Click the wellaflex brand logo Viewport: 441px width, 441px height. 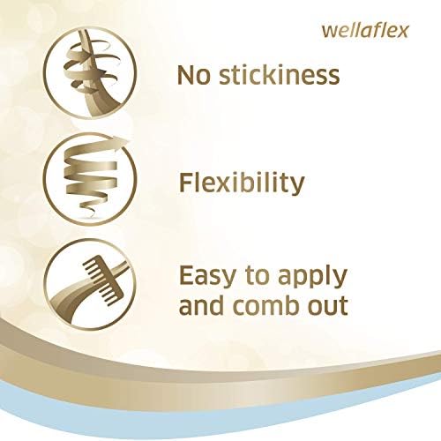pos(365,31)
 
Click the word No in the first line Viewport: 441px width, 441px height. pos(194,75)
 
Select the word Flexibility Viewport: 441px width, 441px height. pos(242,183)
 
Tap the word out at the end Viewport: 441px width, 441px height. pos(331,306)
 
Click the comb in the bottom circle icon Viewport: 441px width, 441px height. pos(103,276)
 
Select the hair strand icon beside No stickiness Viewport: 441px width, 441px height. pos(90,72)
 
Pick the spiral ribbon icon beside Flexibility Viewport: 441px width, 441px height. pos(90,179)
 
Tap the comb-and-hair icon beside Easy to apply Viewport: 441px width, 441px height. pos(90,285)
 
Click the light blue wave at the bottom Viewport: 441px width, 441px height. pos(220,408)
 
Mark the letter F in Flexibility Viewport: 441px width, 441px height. pos(186,183)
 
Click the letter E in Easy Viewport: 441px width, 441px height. pos(186,276)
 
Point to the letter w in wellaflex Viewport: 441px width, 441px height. pos(329,32)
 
